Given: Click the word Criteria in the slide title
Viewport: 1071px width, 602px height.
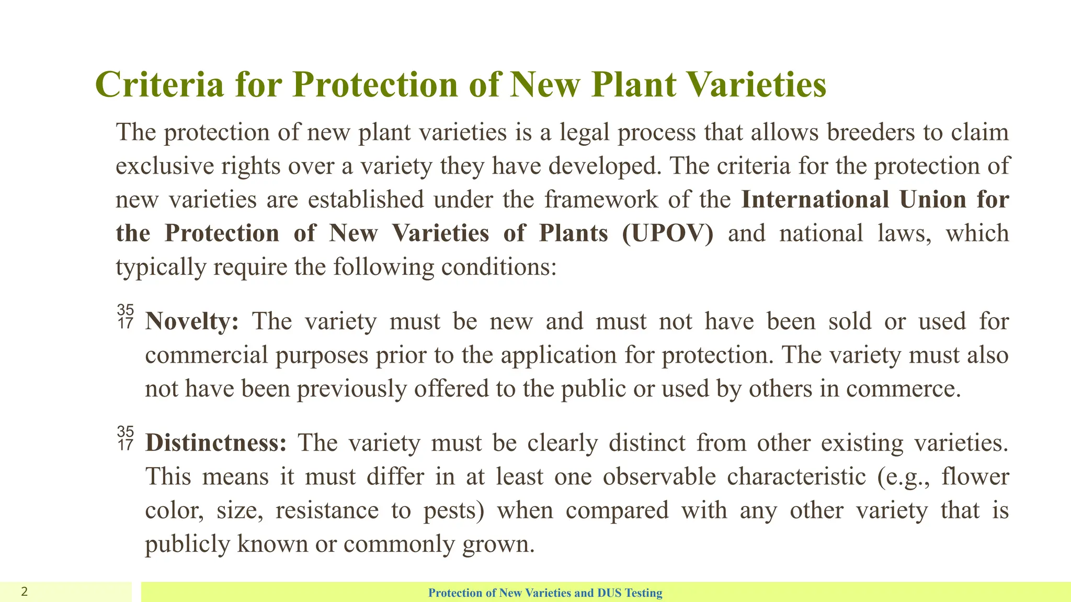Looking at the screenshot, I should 159,85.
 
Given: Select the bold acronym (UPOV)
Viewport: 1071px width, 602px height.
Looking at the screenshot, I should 668,233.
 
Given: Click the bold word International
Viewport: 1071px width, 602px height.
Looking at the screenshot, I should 815,200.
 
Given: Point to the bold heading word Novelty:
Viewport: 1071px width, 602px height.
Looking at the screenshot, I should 192,321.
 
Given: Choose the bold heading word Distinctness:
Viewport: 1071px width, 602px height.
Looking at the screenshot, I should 216,443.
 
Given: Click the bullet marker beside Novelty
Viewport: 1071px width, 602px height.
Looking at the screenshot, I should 126,317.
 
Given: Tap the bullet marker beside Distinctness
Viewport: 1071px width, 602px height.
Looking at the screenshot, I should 126,439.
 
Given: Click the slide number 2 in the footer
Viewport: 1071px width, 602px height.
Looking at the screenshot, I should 24,592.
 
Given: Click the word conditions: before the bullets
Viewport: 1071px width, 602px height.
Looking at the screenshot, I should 498,267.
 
